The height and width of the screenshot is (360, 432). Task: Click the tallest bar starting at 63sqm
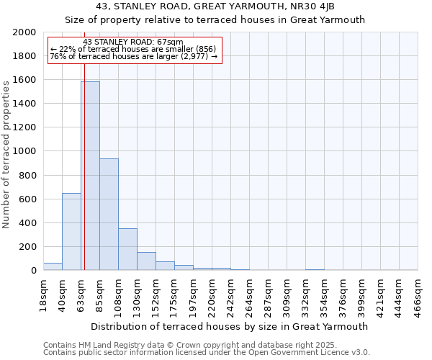[x=90, y=176]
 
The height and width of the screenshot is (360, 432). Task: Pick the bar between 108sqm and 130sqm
[x=127, y=249]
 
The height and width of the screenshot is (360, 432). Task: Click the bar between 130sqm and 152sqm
[x=146, y=261]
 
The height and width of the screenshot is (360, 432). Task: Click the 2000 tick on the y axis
[x=27, y=32]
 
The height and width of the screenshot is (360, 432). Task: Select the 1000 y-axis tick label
[x=27, y=151]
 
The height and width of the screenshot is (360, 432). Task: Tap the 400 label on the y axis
[x=30, y=223]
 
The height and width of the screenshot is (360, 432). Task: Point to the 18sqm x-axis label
[x=44, y=293]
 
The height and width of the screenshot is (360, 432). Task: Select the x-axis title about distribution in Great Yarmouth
[x=230, y=326]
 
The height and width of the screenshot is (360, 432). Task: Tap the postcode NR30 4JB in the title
[x=312, y=6]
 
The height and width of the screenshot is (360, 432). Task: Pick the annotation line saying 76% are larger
[x=133, y=56]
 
